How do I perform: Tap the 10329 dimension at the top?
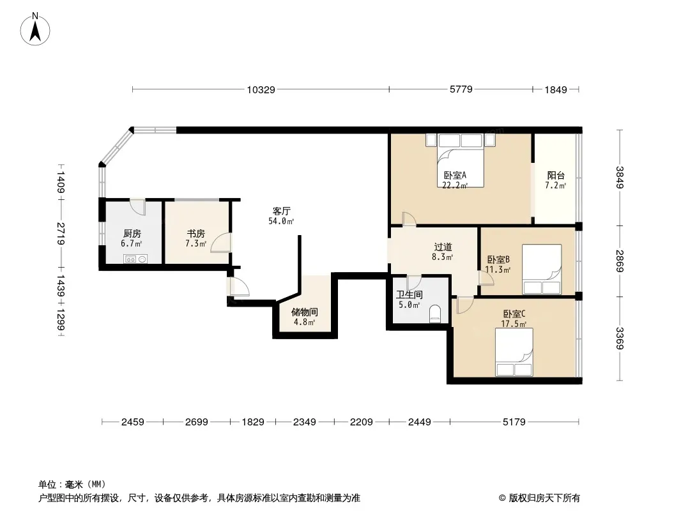[261, 90]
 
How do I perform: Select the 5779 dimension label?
[461, 89]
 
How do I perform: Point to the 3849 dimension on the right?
[619, 178]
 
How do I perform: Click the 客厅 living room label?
[282, 211]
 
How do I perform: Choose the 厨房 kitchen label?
[132, 234]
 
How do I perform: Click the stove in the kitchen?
[136, 259]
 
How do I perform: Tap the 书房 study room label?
[195, 234]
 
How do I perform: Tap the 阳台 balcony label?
[555, 176]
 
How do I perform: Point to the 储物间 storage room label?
[304, 312]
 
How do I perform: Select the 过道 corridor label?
[443, 247]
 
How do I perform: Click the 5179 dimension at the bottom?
[514, 422]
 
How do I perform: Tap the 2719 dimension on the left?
[61, 234]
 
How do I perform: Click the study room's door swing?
[220, 243]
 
